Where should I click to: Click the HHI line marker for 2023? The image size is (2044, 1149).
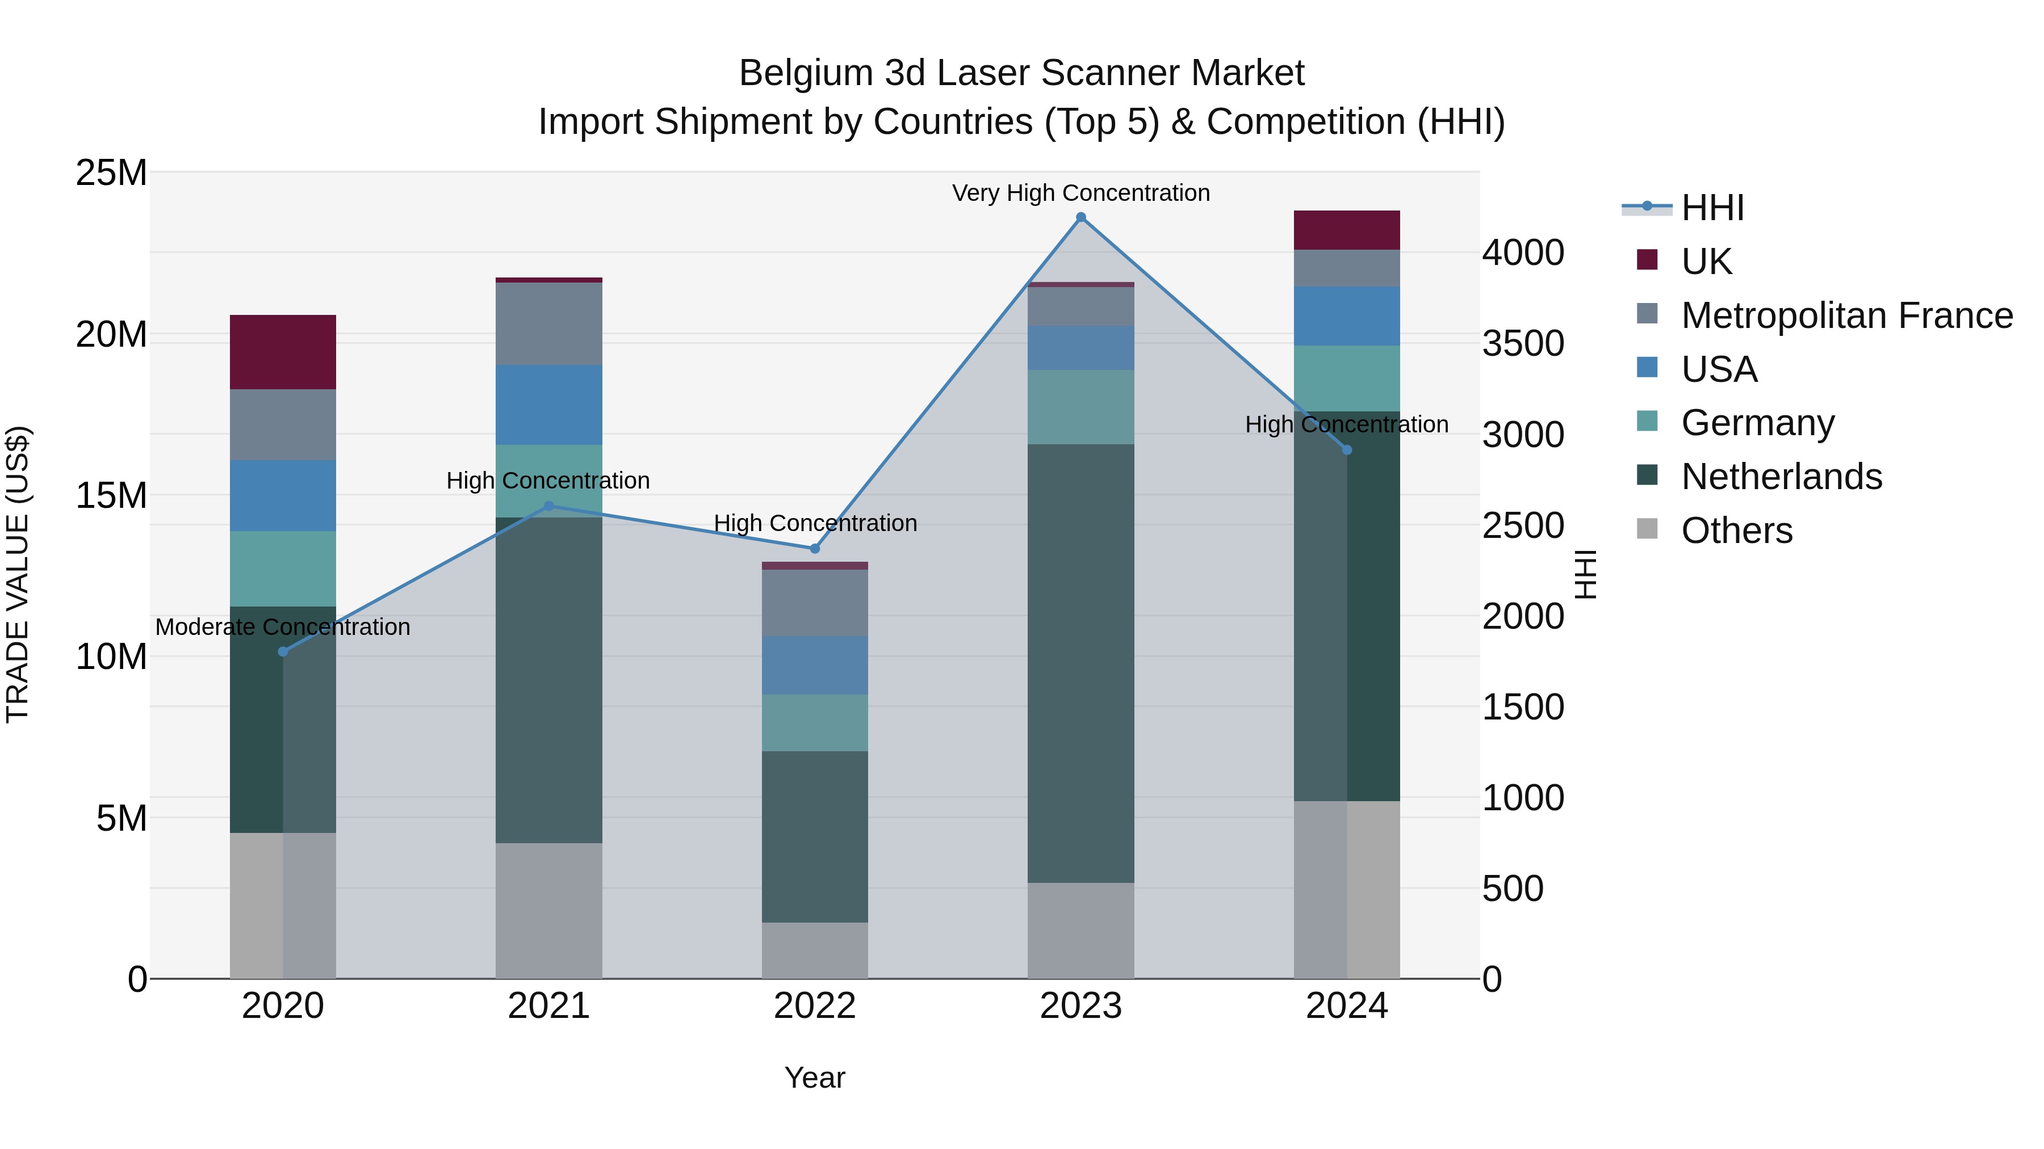pyautogui.click(x=1080, y=217)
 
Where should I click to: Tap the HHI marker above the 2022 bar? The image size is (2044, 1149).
pyautogui.click(x=815, y=549)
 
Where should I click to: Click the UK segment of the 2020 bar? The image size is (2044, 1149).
pyautogui.click(x=283, y=352)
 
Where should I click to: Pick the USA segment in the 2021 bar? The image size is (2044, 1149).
pyautogui.click(x=549, y=405)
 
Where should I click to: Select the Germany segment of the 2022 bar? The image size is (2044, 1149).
pyautogui.click(x=815, y=723)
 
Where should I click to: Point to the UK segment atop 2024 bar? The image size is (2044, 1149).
pyautogui.click(x=1347, y=230)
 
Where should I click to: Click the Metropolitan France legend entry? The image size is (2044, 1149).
pyautogui.click(x=1846, y=315)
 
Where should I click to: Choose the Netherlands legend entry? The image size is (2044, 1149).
pyautogui.click(x=1781, y=477)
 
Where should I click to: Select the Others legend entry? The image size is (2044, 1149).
pyautogui.click(x=1736, y=531)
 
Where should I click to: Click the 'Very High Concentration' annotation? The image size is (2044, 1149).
pyautogui.click(x=1080, y=193)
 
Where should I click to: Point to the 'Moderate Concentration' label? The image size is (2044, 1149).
pyautogui.click(x=283, y=627)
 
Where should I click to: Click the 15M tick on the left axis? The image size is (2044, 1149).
pyautogui.click(x=111, y=495)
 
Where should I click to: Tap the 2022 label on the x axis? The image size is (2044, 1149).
pyautogui.click(x=815, y=1006)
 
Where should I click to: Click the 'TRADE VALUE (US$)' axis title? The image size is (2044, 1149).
pyautogui.click(x=18, y=574)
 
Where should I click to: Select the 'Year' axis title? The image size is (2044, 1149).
pyautogui.click(x=815, y=1078)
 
